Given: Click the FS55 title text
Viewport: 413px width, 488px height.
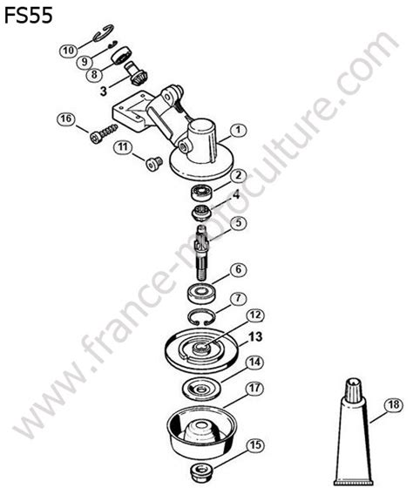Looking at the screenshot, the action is [29, 16].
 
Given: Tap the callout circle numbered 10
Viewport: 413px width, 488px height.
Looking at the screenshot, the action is [69, 51].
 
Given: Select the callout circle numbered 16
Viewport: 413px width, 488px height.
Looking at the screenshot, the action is [66, 119].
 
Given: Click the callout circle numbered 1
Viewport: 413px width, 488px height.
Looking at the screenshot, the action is [238, 130].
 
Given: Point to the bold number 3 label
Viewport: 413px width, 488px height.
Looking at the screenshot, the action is [104, 91].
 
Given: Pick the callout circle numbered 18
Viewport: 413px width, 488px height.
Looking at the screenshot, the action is [394, 405].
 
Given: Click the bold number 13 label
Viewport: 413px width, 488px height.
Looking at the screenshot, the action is [256, 336].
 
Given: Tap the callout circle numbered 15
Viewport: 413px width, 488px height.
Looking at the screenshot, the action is [255, 445].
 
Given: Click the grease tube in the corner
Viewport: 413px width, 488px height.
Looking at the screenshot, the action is [353, 432].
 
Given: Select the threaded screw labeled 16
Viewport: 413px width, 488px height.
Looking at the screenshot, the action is [104, 133].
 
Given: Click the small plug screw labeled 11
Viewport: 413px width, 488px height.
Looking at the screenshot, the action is [153, 163].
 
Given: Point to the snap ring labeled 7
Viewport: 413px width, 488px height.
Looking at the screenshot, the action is [201, 317].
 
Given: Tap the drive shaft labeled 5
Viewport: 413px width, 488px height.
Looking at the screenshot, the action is [202, 252].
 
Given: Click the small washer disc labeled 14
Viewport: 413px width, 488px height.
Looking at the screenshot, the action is [201, 389].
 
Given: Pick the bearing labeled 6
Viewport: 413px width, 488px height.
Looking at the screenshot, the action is [201, 294].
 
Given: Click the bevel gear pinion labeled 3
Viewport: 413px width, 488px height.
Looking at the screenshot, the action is [136, 73].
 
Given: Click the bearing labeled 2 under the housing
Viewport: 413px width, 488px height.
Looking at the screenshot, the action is [201, 193].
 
